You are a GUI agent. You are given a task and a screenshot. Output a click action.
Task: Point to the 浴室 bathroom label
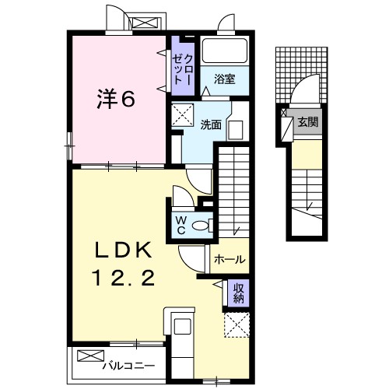225,78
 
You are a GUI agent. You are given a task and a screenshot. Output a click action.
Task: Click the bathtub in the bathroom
225,51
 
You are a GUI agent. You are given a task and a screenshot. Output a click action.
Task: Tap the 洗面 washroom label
211,124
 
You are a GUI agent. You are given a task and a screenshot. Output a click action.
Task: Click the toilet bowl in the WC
201,226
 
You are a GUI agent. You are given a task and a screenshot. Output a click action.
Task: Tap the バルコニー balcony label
128,363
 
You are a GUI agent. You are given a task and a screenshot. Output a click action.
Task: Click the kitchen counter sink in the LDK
184,326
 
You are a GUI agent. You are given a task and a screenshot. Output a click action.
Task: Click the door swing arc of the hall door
191,255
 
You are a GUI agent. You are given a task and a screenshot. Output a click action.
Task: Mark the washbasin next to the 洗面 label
237,128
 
